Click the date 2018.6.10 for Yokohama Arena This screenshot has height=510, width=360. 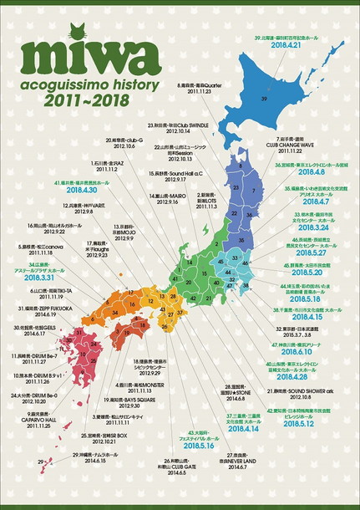tap(305, 351)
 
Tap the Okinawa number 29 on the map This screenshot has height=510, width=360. tap(40, 461)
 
